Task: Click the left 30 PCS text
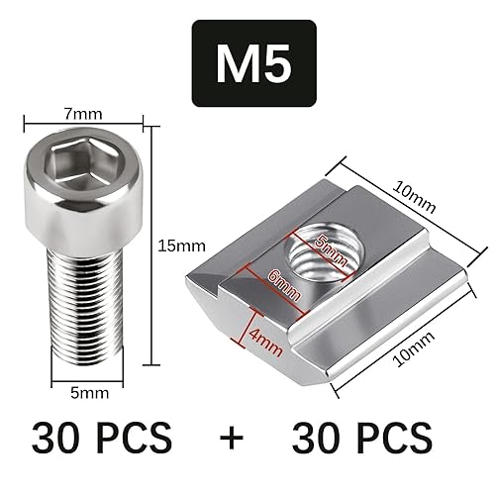tap(101, 436)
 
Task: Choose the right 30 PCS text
tap(363, 436)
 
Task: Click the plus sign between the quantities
tap(232, 437)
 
